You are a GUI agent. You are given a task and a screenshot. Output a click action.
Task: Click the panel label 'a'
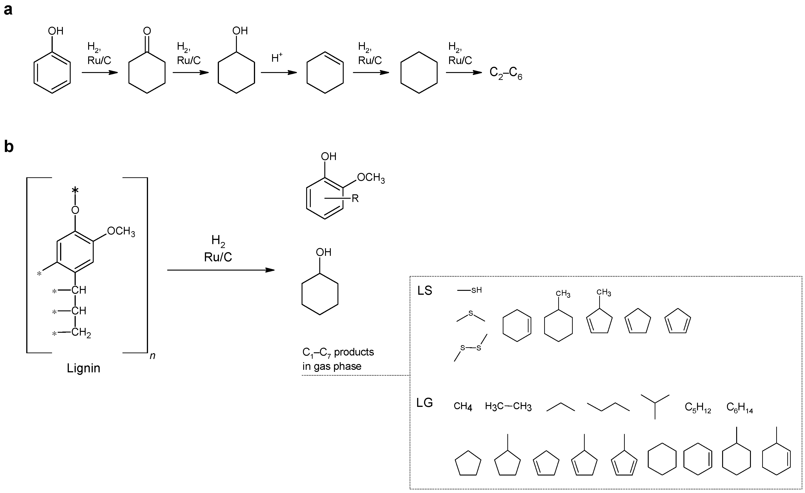tap(8, 10)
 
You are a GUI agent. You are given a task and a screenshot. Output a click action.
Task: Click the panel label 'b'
tap(9, 147)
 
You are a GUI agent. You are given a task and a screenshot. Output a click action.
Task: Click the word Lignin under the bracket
tap(83, 368)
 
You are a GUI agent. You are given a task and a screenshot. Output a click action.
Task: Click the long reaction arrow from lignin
tap(221, 270)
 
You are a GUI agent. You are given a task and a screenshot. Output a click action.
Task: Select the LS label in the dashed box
tap(425, 290)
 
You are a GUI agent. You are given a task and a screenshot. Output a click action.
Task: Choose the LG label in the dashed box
tap(425, 403)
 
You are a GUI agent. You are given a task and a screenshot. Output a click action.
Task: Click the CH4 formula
tap(463, 406)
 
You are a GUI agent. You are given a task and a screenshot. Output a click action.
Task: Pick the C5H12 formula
tap(698, 407)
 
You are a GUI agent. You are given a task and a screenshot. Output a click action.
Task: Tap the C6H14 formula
tap(740, 407)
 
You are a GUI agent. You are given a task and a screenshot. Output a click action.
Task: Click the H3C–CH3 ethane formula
tap(508, 406)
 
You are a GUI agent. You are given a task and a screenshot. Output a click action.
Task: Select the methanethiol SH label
tap(476, 290)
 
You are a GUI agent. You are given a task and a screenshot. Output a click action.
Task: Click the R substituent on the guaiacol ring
tap(355, 198)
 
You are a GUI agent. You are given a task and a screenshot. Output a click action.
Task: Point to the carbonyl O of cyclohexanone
tap(147, 31)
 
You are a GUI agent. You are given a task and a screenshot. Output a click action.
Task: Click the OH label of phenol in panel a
tap(55, 31)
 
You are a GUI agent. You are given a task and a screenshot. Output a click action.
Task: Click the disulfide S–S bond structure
tap(471, 348)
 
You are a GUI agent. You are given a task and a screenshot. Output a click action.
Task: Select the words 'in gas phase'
tap(332, 366)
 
